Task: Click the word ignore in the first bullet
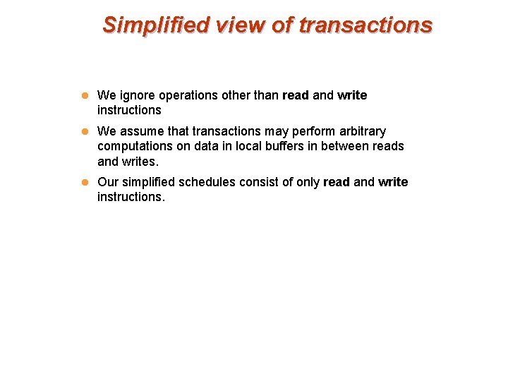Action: click(x=138, y=95)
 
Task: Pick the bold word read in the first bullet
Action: click(x=295, y=95)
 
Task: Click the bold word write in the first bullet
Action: click(x=352, y=95)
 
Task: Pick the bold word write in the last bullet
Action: click(x=393, y=182)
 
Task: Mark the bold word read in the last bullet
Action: click(x=336, y=182)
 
